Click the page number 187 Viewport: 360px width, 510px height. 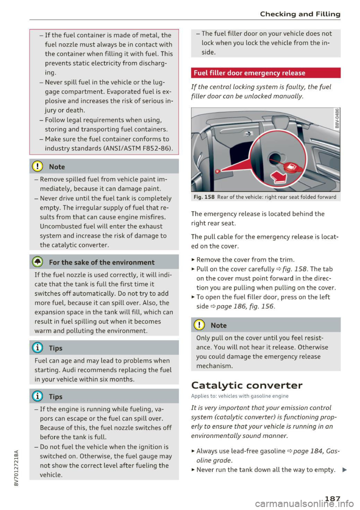tap(332, 498)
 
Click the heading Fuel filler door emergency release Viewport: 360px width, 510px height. tap(249, 73)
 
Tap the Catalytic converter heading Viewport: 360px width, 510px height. tap(247, 385)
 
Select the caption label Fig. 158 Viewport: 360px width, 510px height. tap(204, 197)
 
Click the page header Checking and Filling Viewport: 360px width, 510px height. tap(300, 14)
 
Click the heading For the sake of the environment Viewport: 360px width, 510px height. tap(102, 263)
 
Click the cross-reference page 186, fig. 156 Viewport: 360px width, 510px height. tap(246, 307)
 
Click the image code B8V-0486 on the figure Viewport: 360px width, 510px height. tap(337, 118)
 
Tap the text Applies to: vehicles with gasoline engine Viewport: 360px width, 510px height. tap(240, 396)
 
